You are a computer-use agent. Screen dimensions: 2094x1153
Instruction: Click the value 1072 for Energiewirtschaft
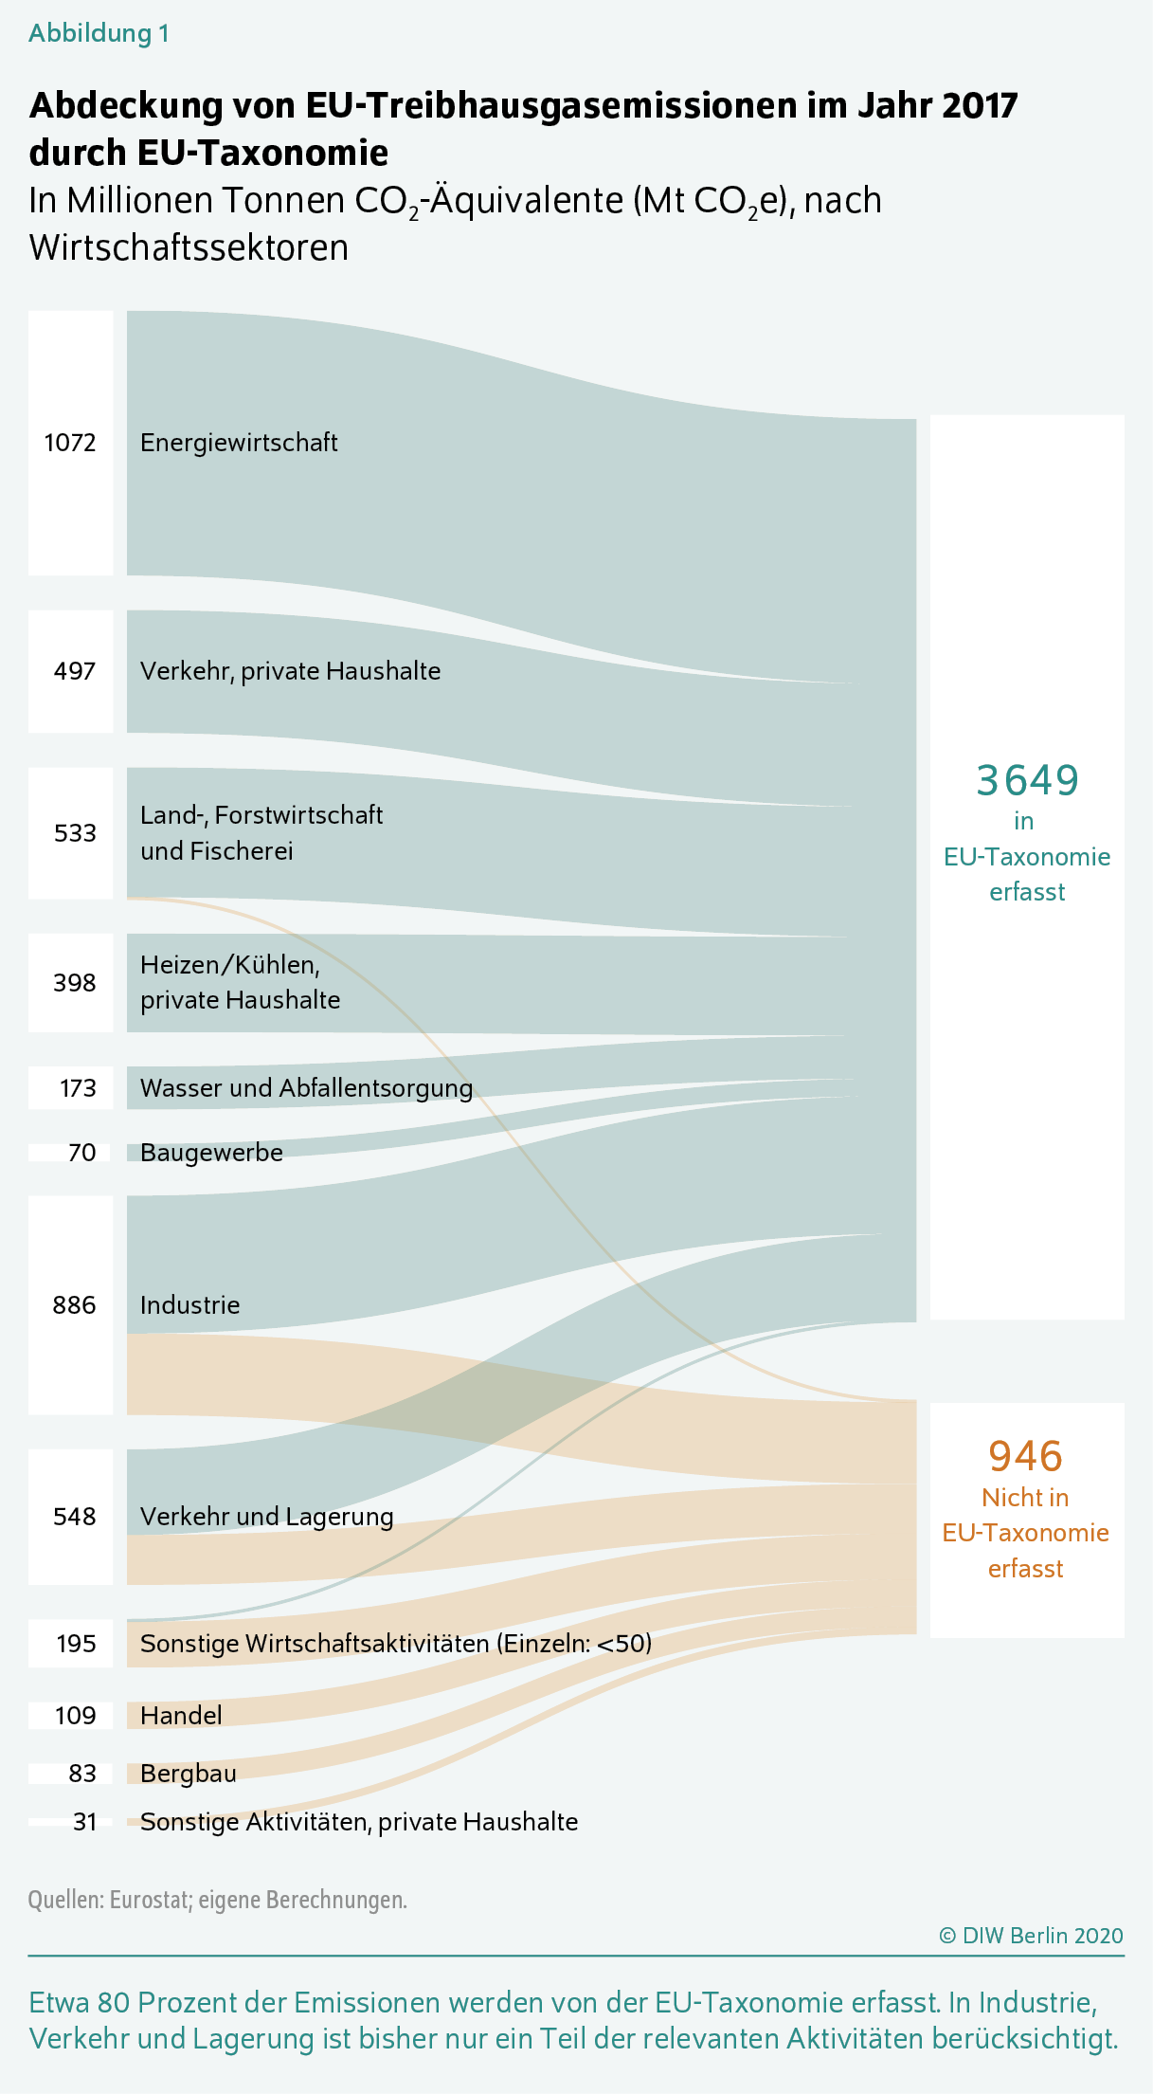pos(70,443)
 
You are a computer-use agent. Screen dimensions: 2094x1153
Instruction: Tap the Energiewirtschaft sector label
pos(239,443)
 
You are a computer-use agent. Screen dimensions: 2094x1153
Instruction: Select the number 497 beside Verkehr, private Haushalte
pos(75,671)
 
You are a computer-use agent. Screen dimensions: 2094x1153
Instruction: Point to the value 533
pos(75,833)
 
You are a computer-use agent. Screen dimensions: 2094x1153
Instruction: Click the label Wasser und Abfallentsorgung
pos(306,1088)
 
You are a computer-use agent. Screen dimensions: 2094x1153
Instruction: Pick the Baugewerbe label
pos(211,1153)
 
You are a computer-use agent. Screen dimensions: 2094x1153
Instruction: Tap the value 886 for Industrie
pos(74,1305)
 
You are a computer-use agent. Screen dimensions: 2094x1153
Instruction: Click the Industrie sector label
pos(189,1305)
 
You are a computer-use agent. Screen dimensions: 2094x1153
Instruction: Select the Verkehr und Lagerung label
pos(266,1517)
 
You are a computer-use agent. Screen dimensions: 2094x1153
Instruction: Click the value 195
pos(76,1644)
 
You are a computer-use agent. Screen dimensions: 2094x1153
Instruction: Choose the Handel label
pos(181,1716)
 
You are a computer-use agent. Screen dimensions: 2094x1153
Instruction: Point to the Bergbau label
pos(189,1774)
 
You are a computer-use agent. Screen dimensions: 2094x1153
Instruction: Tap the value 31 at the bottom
pos(85,1822)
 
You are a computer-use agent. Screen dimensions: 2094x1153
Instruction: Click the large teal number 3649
pos(1027,780)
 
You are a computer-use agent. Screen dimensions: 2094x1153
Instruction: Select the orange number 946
pos(1025,1456)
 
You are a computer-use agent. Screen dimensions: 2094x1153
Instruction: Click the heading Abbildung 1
pos(99,33)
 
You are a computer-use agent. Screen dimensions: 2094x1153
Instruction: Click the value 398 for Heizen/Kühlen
pos(74,983)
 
